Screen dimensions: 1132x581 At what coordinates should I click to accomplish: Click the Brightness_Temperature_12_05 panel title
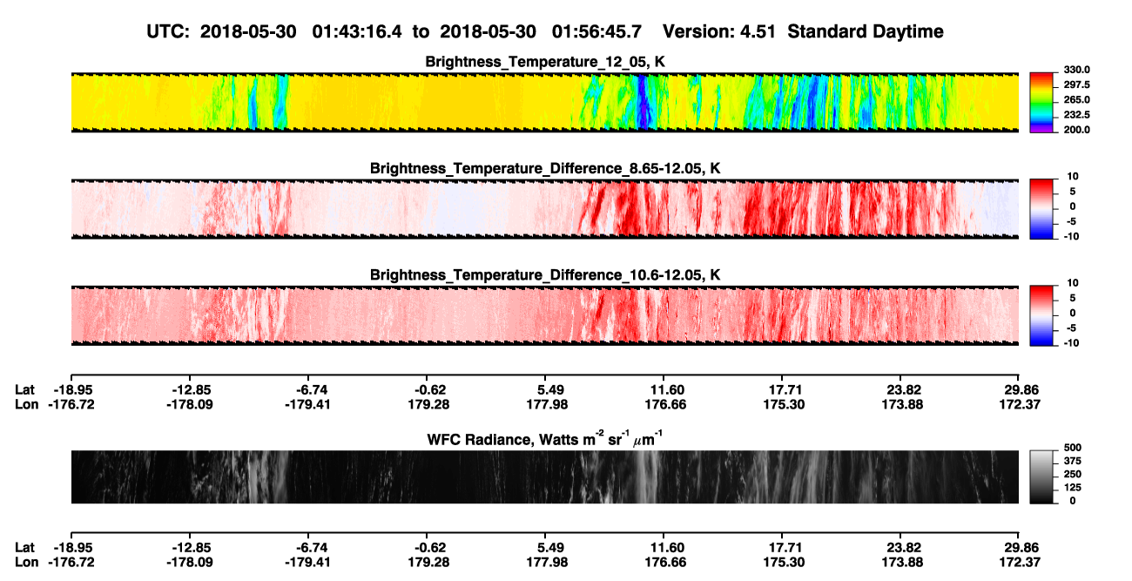tap(545, 62)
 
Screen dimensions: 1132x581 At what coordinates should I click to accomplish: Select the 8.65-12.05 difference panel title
tap(545, 168)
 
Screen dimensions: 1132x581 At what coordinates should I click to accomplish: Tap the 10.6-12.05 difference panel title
tap(545, 275)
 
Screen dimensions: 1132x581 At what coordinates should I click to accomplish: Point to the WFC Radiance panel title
tap(545, 438)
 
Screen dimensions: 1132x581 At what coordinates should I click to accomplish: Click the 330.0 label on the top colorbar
tap(1076, 70)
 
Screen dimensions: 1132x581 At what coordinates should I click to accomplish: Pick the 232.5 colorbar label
tap(1076, 115)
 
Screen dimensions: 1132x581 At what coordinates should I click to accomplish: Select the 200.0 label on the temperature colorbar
tap(1076, 130)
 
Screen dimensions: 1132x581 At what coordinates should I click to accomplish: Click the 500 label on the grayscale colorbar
tap(1073, 448)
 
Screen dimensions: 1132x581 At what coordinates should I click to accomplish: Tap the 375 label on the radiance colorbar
tap(1073, 461)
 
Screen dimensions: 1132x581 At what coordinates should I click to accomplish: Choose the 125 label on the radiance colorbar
tap(1073, 488)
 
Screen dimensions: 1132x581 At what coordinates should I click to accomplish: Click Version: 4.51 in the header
tap(718, 32)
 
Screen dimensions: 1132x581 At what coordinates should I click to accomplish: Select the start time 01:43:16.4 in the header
tap(357, 32)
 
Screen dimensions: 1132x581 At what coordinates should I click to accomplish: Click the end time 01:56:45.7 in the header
tap(596, 32)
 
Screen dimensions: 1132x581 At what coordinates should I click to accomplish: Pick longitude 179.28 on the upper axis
tap(428, 404)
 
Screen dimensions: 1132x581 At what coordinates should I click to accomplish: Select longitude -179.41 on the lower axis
tap(307, 563)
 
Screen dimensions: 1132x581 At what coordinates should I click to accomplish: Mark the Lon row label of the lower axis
tap(26, 563)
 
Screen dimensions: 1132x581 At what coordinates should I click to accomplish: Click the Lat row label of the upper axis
tap(24, 390)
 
